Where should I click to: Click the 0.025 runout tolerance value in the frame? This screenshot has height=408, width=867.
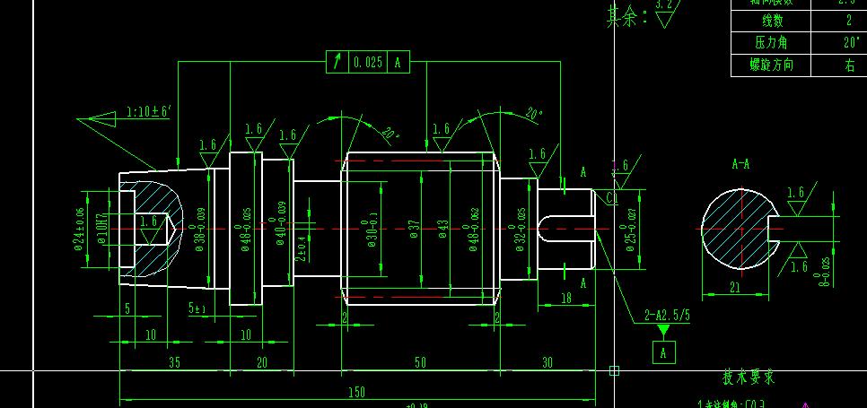pos(368,63)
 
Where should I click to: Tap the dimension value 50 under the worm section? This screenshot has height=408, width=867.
pos(419,361)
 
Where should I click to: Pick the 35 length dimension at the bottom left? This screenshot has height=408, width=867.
pos(174,361)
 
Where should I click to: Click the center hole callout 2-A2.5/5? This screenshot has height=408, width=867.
pos(668,315)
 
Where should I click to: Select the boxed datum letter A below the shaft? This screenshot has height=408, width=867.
pos(663,352)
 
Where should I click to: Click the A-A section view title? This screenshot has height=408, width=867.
pos(741,165)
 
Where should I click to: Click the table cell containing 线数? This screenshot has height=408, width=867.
pos(773,21)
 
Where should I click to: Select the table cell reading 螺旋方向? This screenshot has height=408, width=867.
pos(773,65)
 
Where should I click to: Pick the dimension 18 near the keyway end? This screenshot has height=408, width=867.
pos(566,298)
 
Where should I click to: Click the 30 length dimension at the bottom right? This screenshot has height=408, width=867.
pos(547,361)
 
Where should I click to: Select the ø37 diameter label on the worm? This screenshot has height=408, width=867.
pos(415,230)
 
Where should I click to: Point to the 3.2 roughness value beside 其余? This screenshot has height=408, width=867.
pos(664,4)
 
